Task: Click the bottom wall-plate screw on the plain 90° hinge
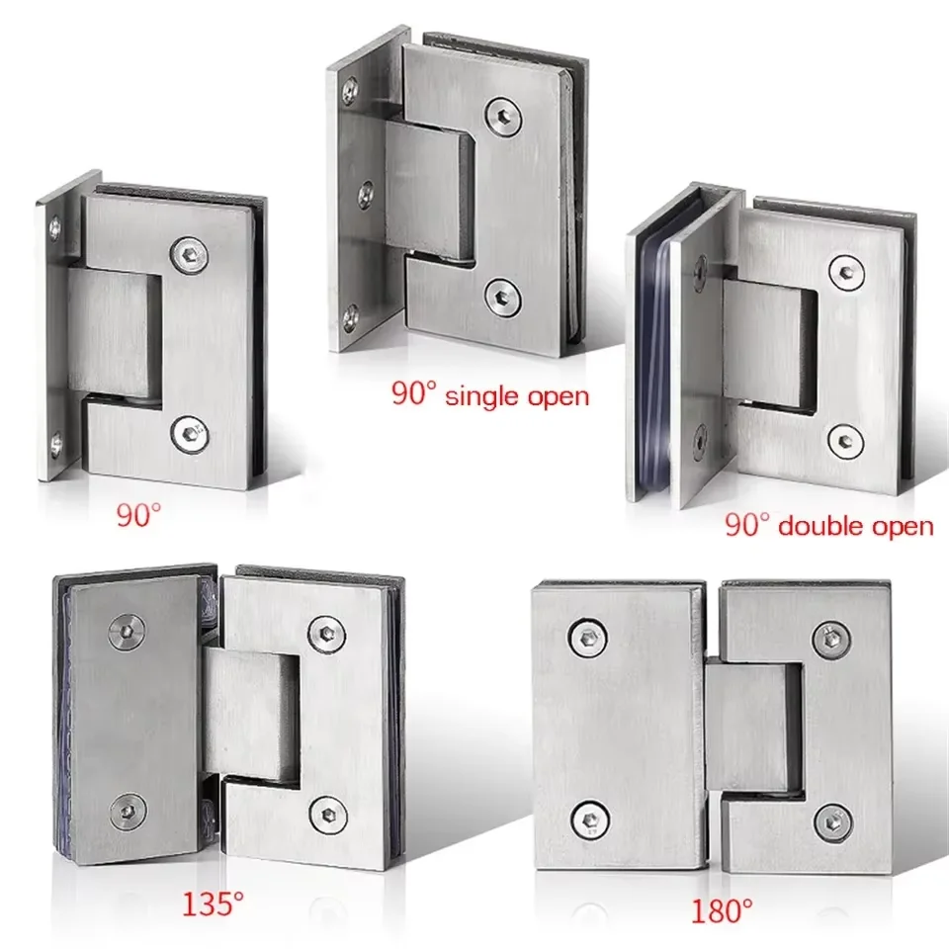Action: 53,442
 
